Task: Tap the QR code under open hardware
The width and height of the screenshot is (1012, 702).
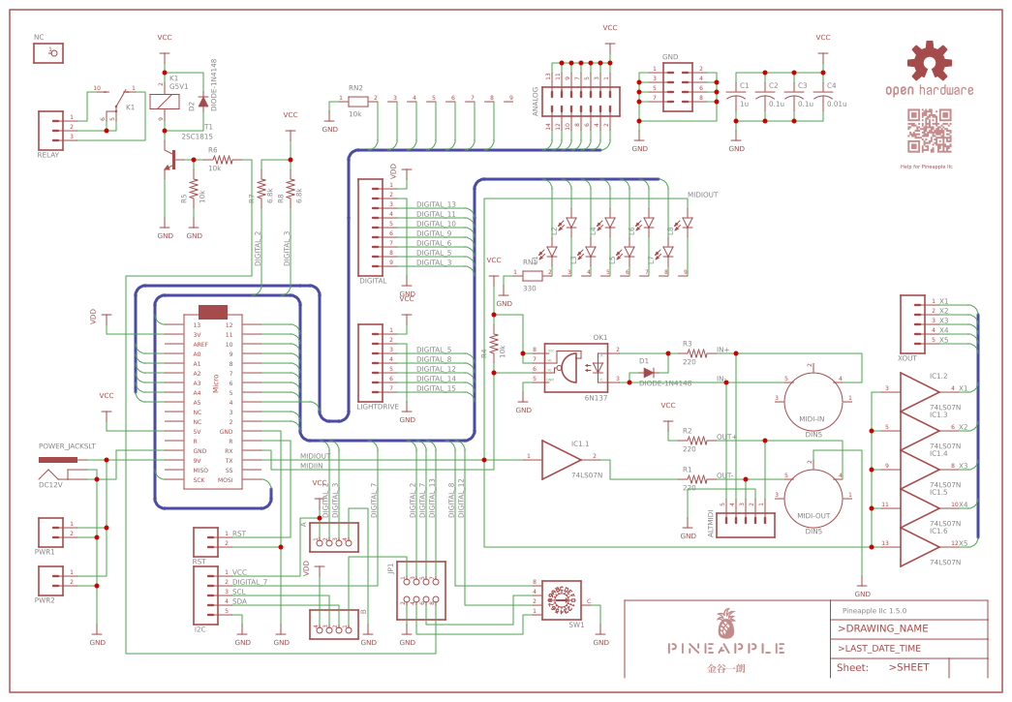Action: (929, 131)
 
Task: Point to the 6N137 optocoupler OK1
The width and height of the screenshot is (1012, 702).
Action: (575, 367)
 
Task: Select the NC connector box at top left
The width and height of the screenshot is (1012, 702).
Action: (48, 53)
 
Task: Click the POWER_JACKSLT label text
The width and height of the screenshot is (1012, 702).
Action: (67, 447)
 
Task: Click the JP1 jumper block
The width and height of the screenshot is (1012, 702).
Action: (421, 591)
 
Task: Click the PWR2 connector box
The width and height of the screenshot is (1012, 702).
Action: (50, 580)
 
